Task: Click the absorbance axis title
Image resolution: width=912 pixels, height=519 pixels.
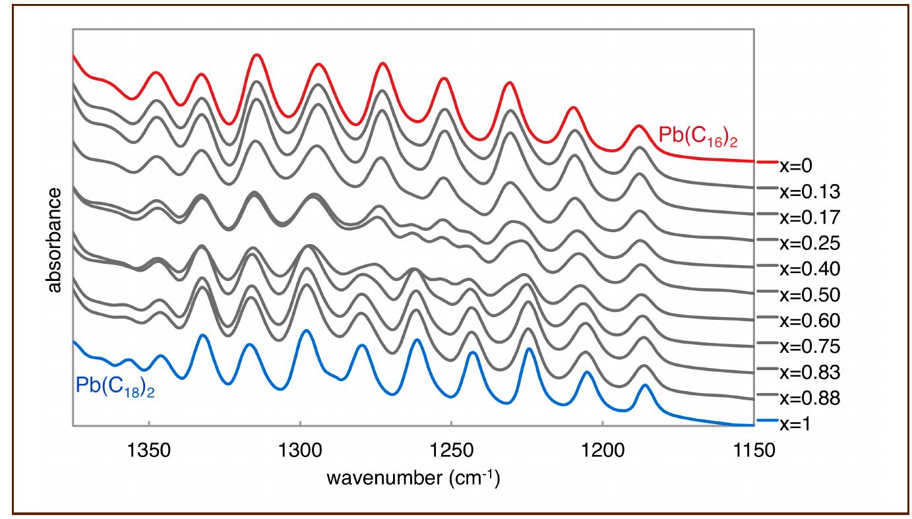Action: [x=55, y=239]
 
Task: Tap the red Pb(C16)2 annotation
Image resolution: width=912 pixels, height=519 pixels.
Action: [x=698, y=136]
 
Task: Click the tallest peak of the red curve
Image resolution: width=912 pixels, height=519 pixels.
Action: [x=257, y=56]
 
